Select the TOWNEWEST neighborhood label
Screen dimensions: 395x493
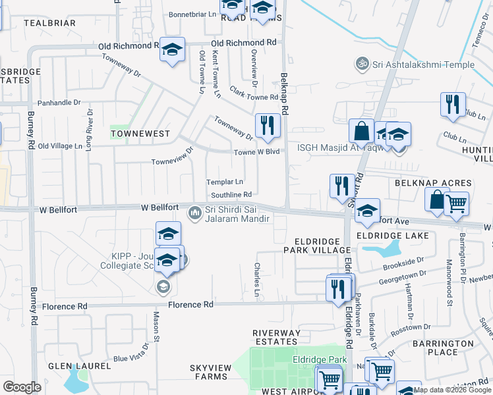pos(140,134)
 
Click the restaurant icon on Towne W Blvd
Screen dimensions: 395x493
pos(267,125)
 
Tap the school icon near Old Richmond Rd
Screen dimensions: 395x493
pos(172,51)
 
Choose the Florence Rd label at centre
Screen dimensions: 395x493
pos(190,305)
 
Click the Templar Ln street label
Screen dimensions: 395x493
pos(225,182)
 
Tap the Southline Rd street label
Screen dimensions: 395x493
pos(231,195)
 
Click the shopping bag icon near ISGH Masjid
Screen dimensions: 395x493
pos(362,131)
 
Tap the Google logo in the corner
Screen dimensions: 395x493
pos(22,386)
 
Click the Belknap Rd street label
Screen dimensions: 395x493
pos(285,94)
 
